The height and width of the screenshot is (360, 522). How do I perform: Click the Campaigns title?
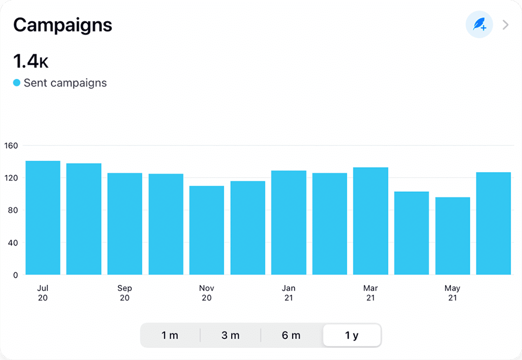[x=62, y=25]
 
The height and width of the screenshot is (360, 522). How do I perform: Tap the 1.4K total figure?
[x=31, y=62]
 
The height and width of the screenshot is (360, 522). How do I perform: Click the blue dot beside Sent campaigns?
[x=17, y=83]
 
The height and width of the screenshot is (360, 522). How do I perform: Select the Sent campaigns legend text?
[x=65, y=83]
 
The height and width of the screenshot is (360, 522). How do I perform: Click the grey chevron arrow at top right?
[x=506, y=25]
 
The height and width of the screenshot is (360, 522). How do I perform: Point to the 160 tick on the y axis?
[x=11, y=145]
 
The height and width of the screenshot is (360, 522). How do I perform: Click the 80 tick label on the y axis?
[x=13, y=210]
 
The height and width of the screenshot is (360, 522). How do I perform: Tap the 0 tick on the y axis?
[x=15, y=275]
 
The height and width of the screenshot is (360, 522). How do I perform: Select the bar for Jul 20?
[x=43, y=218]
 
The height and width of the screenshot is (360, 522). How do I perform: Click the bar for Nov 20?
[x=206, y=230]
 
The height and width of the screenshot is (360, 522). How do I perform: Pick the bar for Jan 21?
[x=288, y=223]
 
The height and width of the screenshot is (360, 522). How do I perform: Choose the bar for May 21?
[x=453, y=236]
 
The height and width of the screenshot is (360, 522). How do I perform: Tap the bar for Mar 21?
[x=371, y=221]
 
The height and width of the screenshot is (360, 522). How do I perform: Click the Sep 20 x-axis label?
[x=124, y=293]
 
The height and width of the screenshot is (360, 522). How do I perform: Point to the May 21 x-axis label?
[x=453, y=293]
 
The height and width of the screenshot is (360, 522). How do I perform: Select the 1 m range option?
[x=170, y=335]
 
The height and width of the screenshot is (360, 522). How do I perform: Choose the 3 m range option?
[x=230, y=335]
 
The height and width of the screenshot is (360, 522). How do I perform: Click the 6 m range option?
[x=291, y=335]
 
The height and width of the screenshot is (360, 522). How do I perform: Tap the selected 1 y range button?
[x=352, y=335]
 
